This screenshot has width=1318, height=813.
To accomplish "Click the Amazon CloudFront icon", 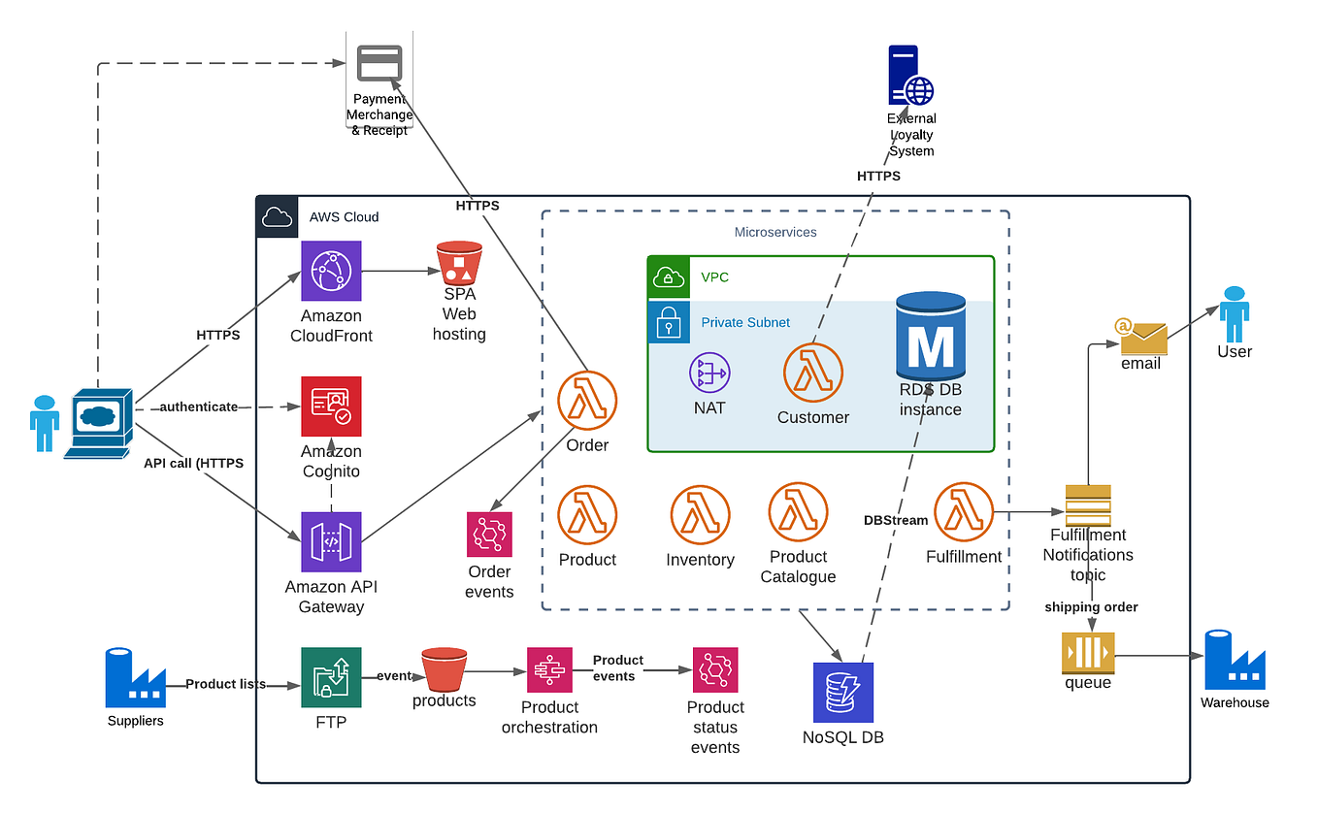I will (x=331, y=271).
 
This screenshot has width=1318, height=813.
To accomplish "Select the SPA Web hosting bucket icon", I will (x=459, y=262).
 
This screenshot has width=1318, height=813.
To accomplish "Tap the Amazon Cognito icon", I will (x=331, y=406).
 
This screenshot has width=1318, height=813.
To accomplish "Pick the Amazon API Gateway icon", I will (x=331, y=542).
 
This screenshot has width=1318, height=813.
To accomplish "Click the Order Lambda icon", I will (x=587, y=401).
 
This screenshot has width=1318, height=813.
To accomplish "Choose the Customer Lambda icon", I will (x=812, y=373).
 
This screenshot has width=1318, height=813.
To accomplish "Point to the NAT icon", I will (x=709, y=373).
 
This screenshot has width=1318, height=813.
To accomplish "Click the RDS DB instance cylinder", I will (x=930, y=337).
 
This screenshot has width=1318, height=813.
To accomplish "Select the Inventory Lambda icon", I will (x=700, y=515).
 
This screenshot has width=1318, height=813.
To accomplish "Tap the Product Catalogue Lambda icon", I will (x=798, y=511).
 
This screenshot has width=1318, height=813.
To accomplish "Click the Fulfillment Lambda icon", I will (x=964, y=512).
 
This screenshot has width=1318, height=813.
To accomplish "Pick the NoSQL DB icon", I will (x=843, y=693).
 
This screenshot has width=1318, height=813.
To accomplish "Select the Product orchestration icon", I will (x=549, y=670).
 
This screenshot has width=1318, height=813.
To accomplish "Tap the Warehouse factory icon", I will (x=1235, y=661).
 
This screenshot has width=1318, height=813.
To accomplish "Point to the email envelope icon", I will (x=1141, y=336).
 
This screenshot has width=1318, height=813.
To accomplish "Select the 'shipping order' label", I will (x=1091, y=607).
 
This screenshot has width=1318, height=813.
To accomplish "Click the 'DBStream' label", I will (x=895, y=520).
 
